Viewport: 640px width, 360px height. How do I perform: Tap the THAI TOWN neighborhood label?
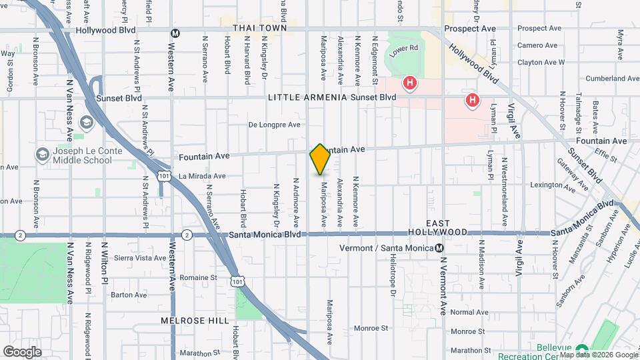pyautogui.click(x=260, y=28)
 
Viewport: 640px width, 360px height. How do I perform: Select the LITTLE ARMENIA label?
pyautogui.click(x=307, y=97)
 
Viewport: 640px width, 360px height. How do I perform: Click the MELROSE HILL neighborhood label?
pyautogui.click(x=186, y=321)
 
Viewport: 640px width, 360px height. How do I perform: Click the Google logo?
pyautogui.click(x=22, y=351)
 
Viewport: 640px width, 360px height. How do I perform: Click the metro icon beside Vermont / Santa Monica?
pyautogui.click(x=440, y=248)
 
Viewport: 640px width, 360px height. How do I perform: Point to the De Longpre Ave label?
pyautogui.click(x=275, y=124)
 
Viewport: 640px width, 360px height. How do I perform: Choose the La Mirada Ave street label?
pyautogui.click(x=204, y=176)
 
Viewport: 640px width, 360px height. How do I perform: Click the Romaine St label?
pyautogui.click(x=199, y=277)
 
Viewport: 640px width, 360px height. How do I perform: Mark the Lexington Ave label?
pyautogui.click(x=552, y=185)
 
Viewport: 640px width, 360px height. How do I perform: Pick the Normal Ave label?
pyautogui.click(x=469, y=312)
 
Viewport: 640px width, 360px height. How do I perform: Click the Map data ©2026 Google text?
pyautogui.click(x=598, y=355)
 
